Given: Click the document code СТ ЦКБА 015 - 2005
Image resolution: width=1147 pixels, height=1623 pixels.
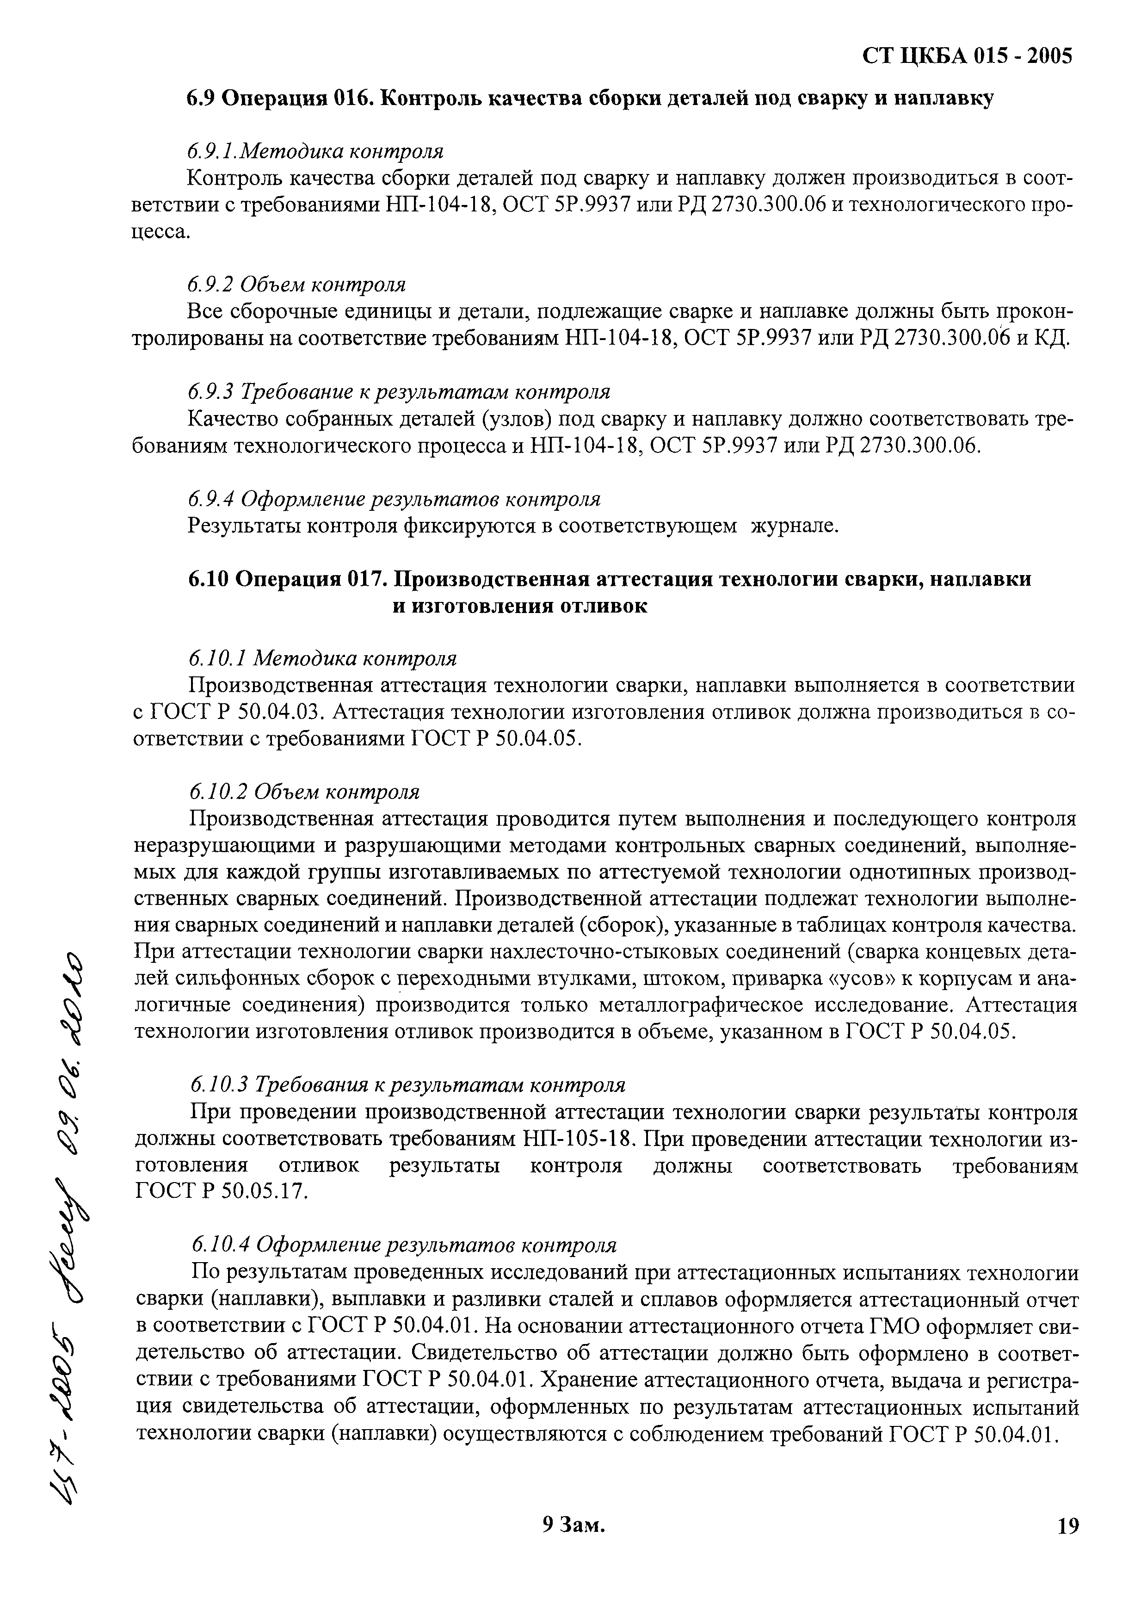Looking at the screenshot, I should click(968, 56).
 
